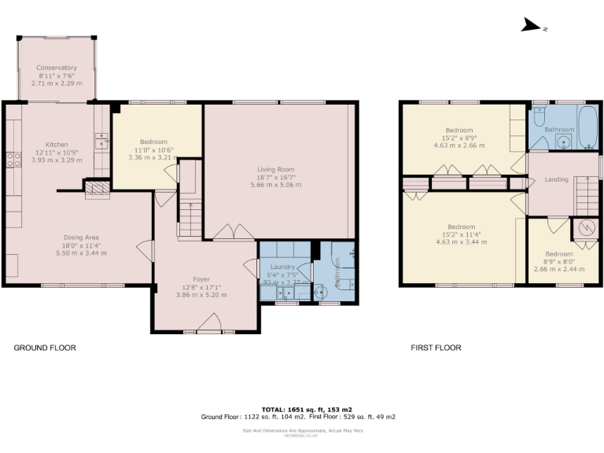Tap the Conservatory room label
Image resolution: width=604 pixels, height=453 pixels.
pyautogui.click(x=57, y=68)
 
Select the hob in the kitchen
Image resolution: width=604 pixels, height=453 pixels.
pyautogui.click(x=13, y=160)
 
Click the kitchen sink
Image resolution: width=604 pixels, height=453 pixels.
pyautogui.click(x=101, y=141)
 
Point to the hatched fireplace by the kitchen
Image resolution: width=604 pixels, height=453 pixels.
pyautogui.click(x=97, y=189)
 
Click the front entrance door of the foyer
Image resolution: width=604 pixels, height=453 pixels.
pyautogui.click(x=208, y=322)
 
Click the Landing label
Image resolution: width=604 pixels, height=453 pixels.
pyautogui.click(x=556, y=180)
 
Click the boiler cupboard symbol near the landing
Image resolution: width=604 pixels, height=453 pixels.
pyautogui.click(x=587, y=229)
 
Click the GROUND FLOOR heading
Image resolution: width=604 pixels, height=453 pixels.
pyautogui.click(x=45, y=347)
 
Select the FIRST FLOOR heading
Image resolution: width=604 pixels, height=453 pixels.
pyautogui.click(x=436, y=347)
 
